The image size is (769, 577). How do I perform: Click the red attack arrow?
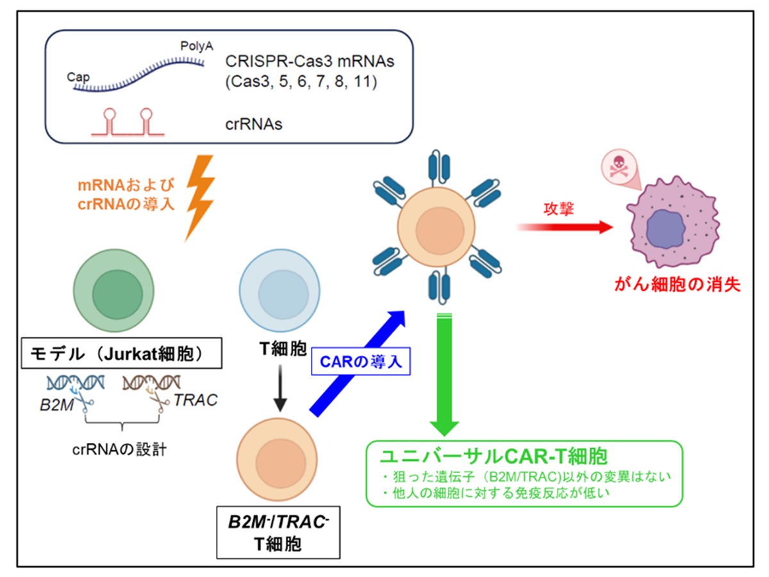coord(564,226)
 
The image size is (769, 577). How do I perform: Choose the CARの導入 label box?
coord(360,362)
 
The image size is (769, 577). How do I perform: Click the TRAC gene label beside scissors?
coord(195,400)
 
